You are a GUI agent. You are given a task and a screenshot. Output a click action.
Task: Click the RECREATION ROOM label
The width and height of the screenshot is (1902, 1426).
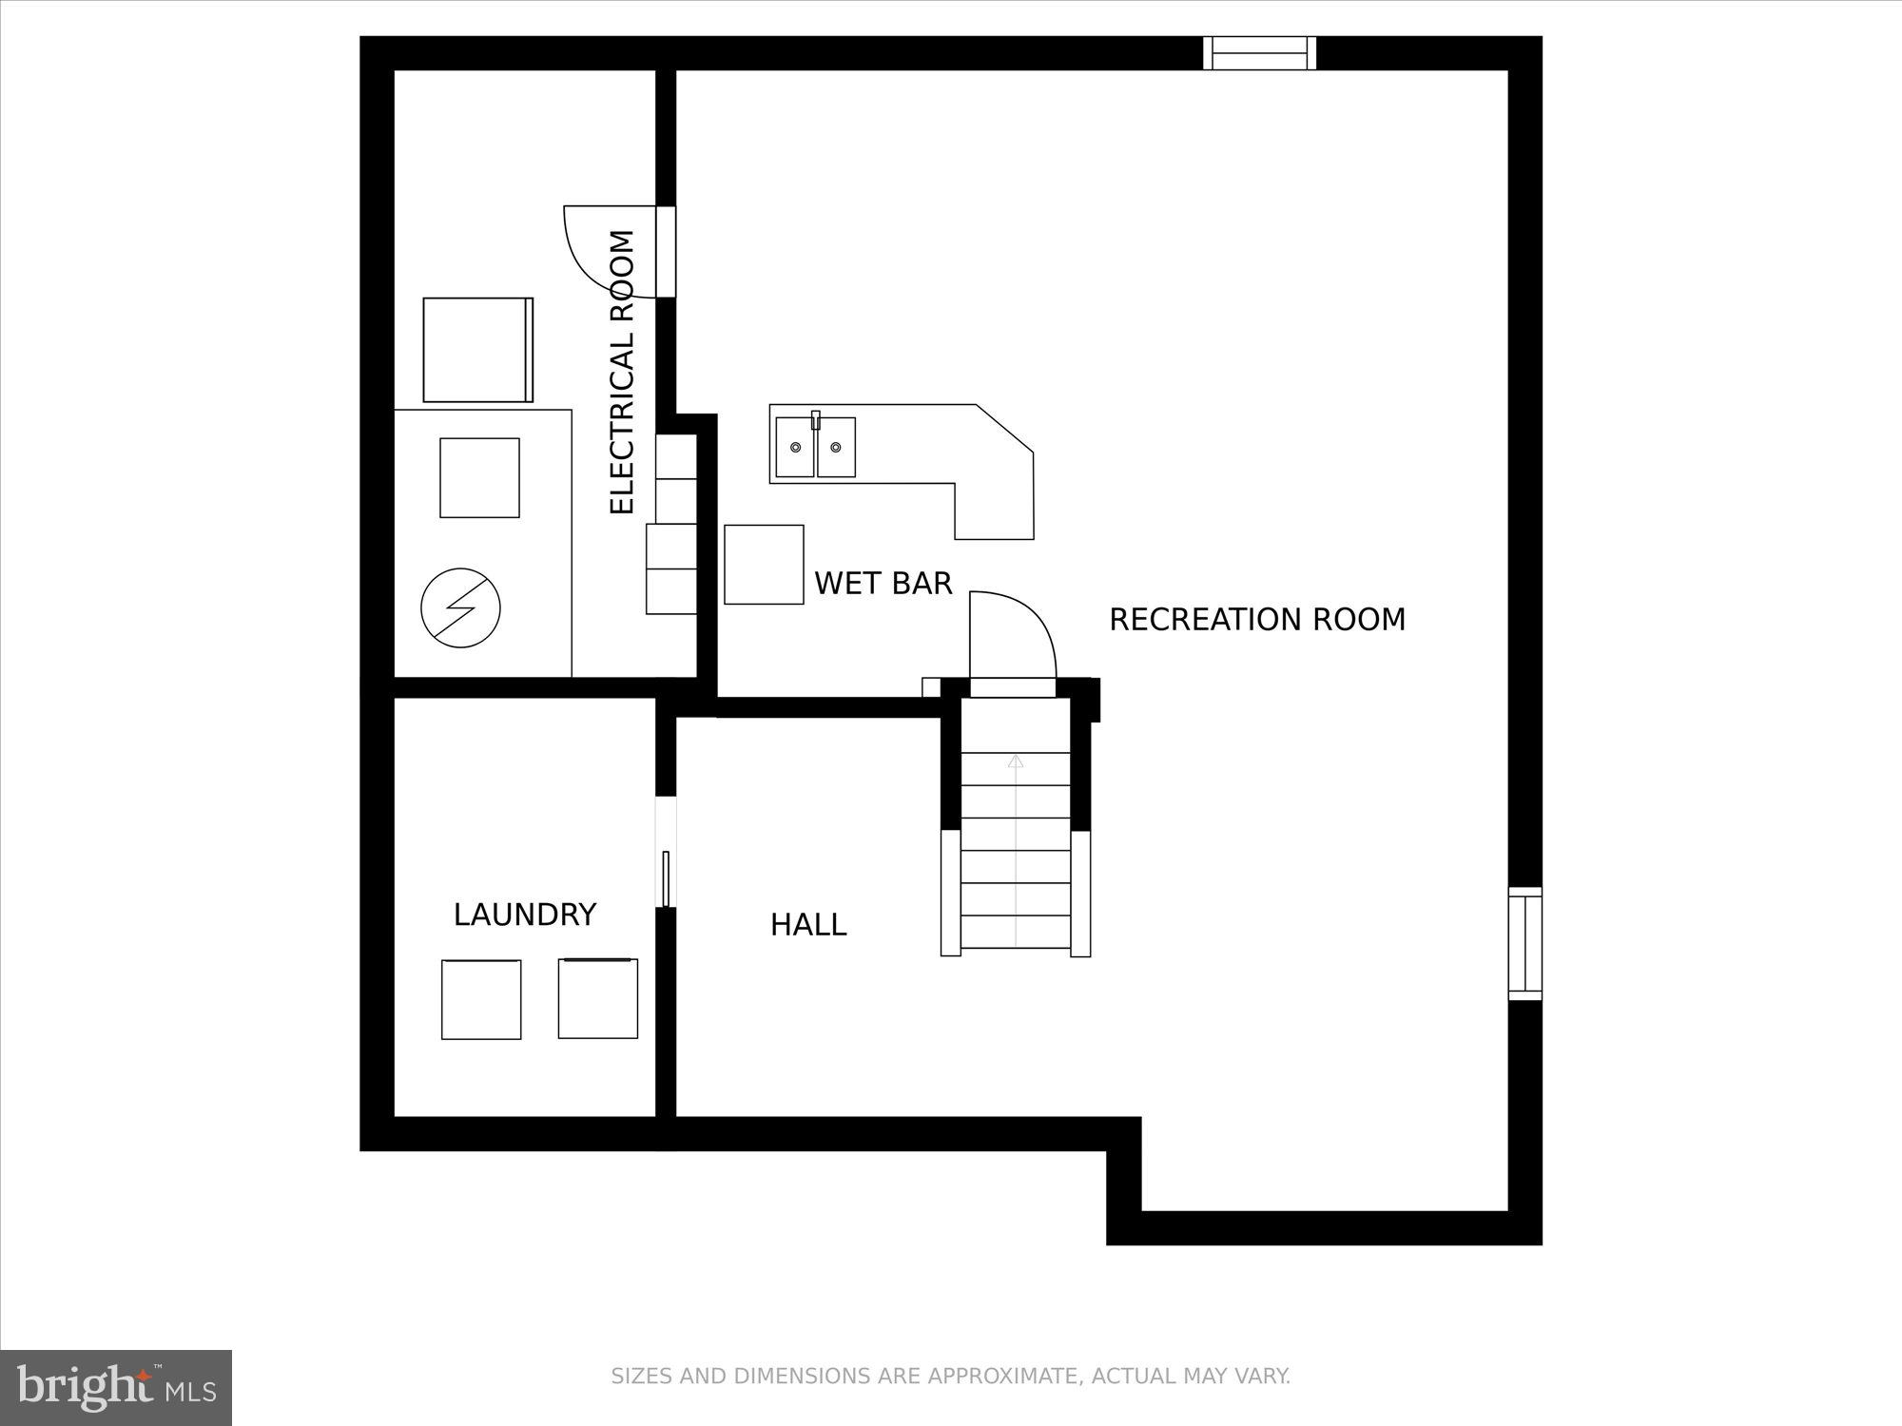tap(1256, 620)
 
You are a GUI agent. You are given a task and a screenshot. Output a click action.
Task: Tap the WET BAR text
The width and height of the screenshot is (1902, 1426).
tap(883, 583)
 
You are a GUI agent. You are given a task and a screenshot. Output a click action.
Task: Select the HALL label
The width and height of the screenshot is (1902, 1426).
tap(807, 925)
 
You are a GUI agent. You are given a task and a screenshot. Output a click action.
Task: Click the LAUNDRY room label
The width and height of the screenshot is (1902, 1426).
tap(524, 915)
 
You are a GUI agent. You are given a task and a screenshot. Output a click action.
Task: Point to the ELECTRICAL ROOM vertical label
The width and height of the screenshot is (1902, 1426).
tap(621, 372)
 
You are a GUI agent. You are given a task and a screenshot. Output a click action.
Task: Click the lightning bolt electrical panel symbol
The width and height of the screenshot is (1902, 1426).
tap(460, 608)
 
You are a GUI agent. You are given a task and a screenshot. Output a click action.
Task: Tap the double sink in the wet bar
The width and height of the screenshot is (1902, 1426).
tap(815, 447)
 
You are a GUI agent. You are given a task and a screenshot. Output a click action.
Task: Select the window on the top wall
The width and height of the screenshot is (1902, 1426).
tap(1259, 53)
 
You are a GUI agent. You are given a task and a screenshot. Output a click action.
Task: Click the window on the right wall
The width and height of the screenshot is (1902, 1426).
tap(1524, 943)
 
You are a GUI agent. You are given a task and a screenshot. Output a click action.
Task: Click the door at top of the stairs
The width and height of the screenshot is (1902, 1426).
tap(1012, 687)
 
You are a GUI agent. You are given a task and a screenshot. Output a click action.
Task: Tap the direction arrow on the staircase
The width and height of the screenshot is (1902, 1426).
tap(1016, 761)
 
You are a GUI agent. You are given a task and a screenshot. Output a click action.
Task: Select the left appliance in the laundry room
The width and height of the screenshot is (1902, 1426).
tap(481, 999)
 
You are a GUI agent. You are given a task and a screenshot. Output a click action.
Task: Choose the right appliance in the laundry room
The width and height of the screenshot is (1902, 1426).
tap(597, 998)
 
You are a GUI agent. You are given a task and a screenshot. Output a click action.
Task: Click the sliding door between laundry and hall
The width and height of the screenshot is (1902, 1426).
tap(666, 878)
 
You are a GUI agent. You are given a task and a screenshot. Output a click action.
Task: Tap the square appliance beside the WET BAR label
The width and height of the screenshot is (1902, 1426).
tap(764, 564)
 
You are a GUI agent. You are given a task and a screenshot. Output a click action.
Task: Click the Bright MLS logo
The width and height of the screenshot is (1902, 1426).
tap(115, 1388)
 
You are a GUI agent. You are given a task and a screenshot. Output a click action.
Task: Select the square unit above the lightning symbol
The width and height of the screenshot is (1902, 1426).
tap(479, 477)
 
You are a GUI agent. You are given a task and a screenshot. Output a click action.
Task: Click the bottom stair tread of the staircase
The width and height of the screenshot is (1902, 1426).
tap(1016, 933)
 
